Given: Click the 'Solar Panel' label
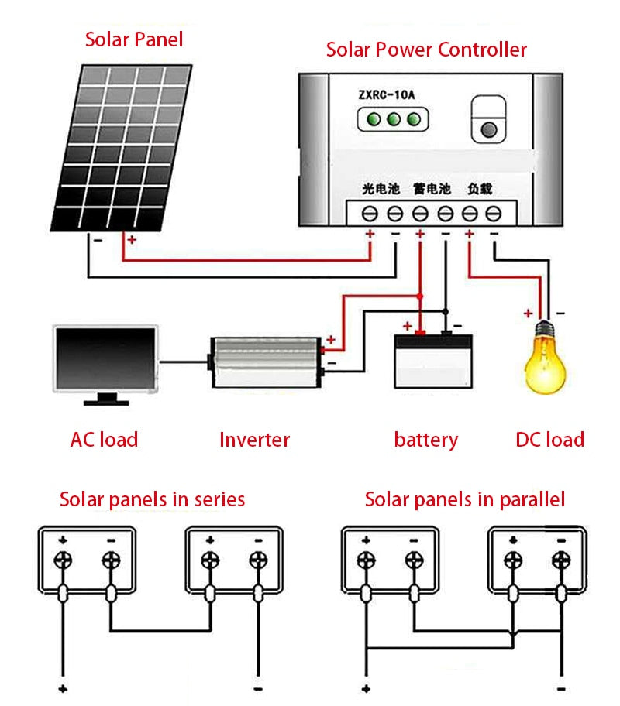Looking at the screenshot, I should click(134, 39).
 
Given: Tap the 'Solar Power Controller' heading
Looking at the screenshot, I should click(425, 50).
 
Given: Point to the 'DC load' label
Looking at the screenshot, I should click(549, 440).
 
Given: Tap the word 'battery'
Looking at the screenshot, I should click(425, 440).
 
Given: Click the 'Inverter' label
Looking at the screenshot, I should click(254, 440).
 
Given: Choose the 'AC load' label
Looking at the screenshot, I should click(104, 440).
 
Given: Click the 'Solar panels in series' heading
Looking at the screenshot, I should click(152, 499).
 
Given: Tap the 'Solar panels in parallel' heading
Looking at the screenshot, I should click(464, 499).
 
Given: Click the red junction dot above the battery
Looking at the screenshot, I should click(419, 296).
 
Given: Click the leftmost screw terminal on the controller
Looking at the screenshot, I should click(370, 212).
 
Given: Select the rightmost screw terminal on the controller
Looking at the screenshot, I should click(493, 212).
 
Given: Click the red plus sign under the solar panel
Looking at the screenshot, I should click(132, 240).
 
